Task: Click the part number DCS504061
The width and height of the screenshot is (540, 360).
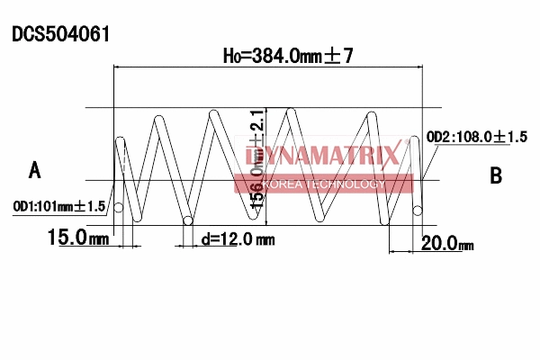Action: (61, 34)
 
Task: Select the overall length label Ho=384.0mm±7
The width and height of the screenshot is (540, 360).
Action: (287, 56)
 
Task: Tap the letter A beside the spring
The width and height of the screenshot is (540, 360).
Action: (35, 169)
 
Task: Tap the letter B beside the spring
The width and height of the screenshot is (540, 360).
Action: (495, 175)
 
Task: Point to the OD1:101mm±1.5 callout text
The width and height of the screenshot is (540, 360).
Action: (59, 207)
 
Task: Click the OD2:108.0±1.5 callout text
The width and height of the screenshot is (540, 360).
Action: (476, 137)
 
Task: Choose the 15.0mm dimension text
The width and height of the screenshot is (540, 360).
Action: (78, 238)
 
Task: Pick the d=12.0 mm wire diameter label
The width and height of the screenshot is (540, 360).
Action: (238, 239)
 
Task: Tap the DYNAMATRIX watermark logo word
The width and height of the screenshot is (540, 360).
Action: (321, 157)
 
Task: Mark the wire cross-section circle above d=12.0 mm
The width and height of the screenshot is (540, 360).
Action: (187, 220)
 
